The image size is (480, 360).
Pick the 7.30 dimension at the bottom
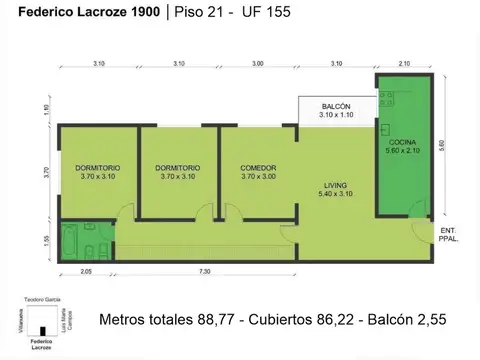point(204,271)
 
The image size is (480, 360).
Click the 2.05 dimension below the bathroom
point(86,271)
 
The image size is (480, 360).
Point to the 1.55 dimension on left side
point(46,240)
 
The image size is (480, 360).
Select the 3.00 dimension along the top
point(258,64)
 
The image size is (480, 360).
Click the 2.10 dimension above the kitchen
point(403,64)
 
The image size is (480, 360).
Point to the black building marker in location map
point(42,328)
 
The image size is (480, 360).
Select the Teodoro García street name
point(40,299)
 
